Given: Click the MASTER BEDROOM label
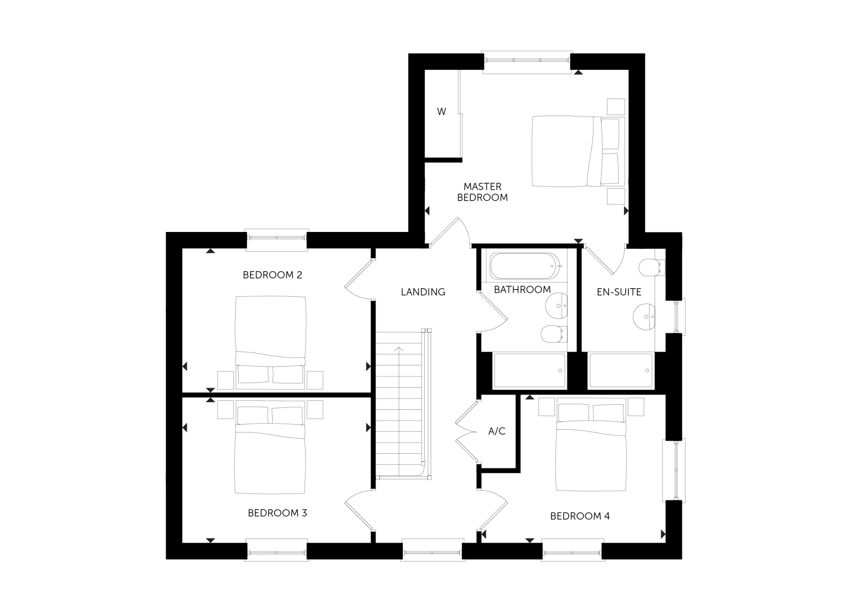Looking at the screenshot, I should [482, 192].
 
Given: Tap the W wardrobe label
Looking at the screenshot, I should [441, 112].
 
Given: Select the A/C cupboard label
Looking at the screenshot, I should [497, 431].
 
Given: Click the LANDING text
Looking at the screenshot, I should [423, 292].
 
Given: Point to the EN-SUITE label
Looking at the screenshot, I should [619, 292].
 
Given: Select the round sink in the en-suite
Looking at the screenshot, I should [644, 317].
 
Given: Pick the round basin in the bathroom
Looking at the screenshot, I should [556, 305].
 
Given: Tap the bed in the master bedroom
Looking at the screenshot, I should [577, 151].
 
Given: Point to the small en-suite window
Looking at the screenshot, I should [678, 317].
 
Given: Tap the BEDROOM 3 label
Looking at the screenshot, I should [277, 513].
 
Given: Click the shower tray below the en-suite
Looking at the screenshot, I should [620, 371].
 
